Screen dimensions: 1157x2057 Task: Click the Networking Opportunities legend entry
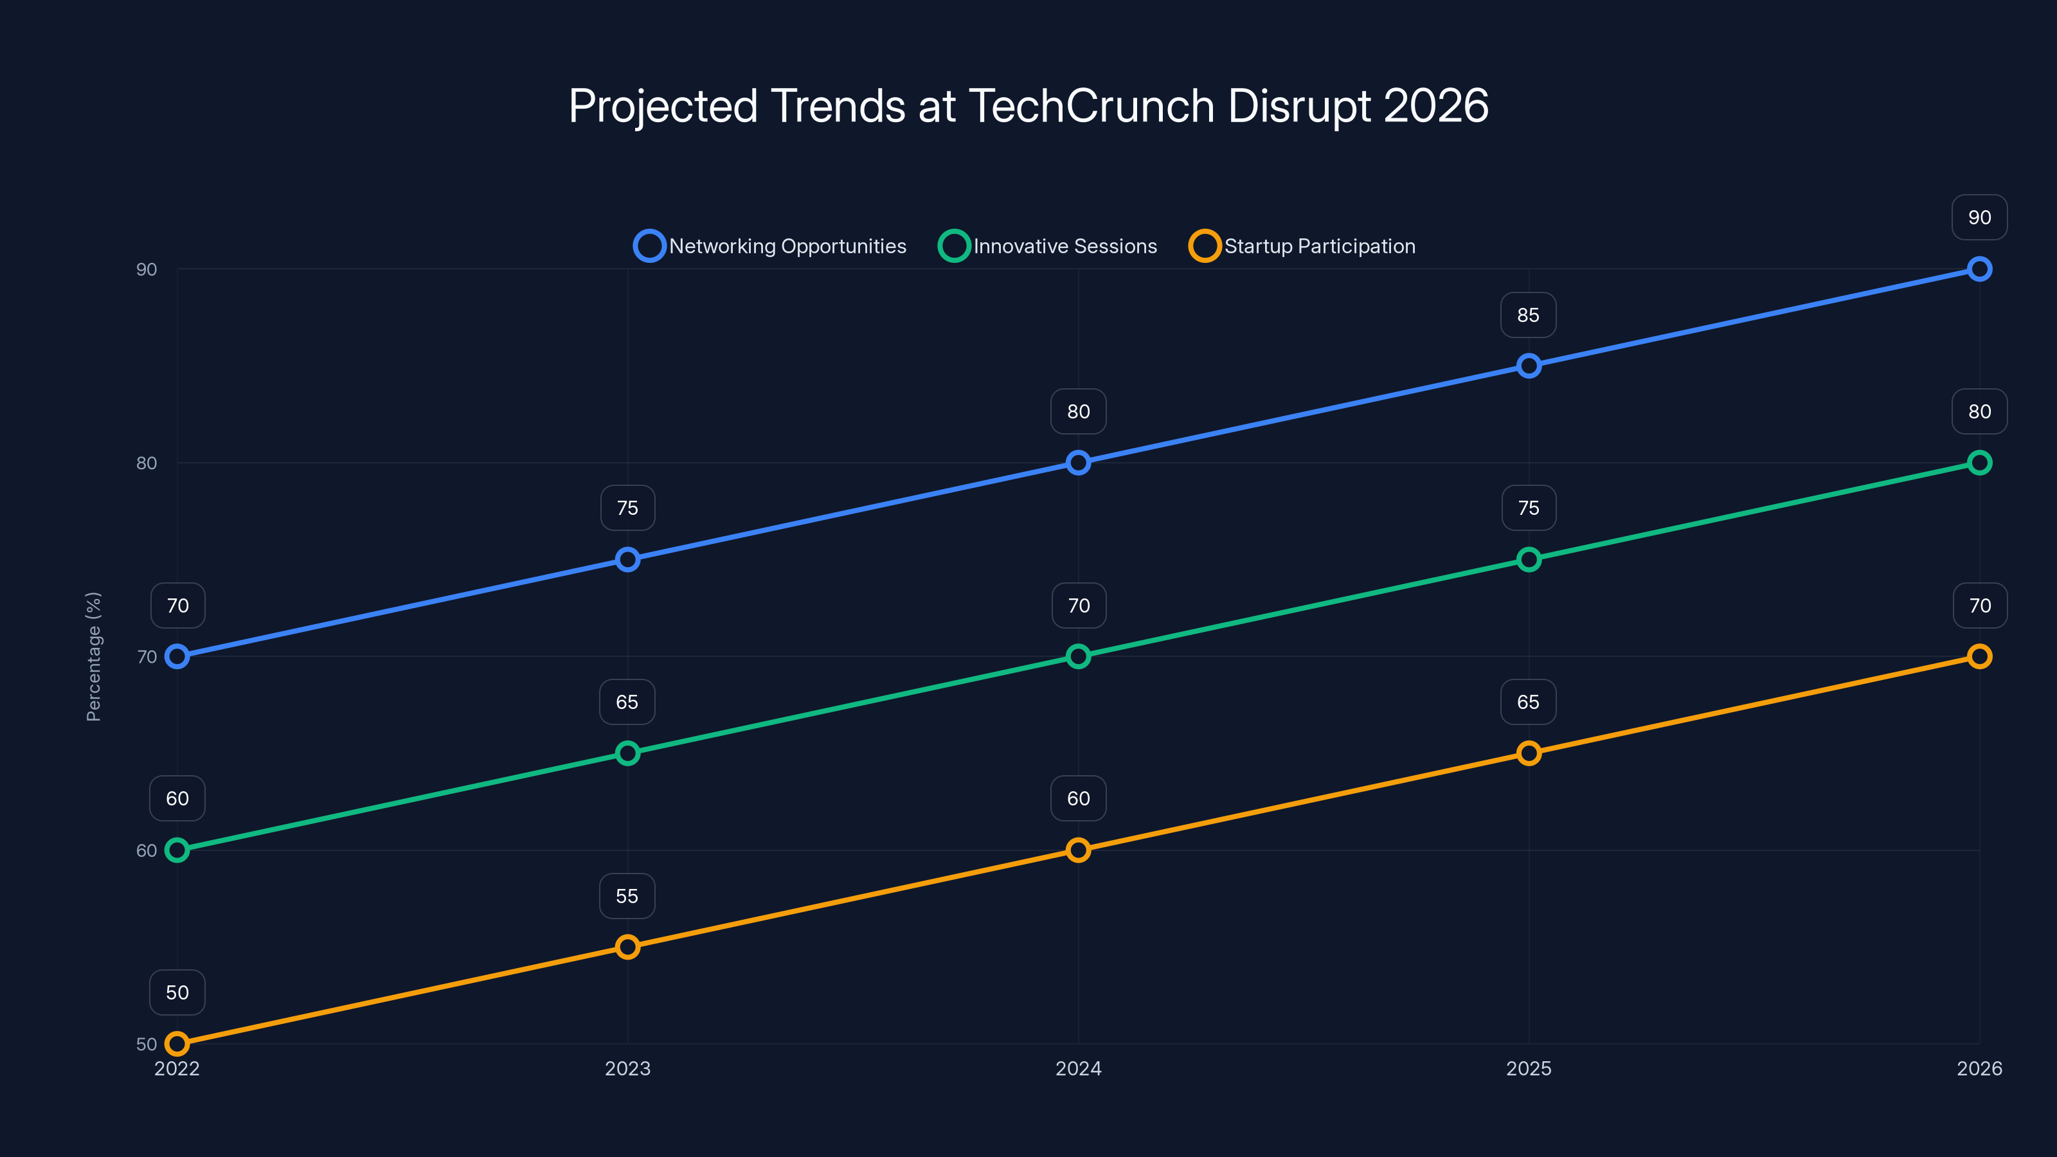[771, 246]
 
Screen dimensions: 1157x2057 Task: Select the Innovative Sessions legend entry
[1048, 246]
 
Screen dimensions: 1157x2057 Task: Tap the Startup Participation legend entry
[1302, 246]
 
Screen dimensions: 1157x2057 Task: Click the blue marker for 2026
[1979, 269]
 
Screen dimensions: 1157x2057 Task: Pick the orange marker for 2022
[177, 1044]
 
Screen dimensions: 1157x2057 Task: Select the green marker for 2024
[1078, 656]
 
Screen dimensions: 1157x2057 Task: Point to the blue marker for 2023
[627, 560]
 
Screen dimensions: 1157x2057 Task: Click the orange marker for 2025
[1529, 753]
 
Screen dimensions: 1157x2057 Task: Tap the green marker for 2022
[177, 850]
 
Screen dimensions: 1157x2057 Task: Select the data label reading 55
[627, 896]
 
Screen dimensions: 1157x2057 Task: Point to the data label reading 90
[1979, 217]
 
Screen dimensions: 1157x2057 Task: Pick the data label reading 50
[177, 992]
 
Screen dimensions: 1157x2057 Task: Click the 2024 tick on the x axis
[1078, 1068]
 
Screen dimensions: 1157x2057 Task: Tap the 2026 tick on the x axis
[1979, 1068]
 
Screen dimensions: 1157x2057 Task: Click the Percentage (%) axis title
[93, 656]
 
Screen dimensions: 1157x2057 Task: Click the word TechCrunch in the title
[1091, 106]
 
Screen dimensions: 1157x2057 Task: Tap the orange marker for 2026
[1979, 656]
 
